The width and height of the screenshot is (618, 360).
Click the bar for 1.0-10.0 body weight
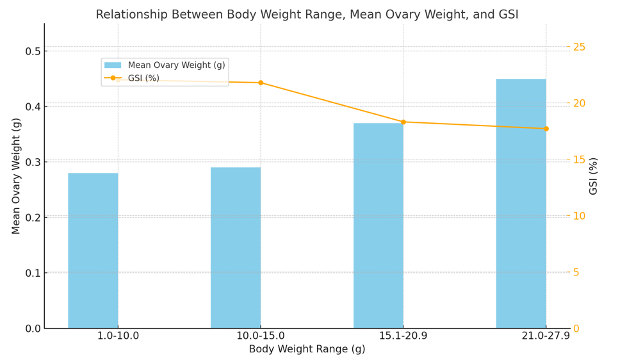click(93, 250)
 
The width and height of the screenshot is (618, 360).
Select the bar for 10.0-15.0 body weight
click(236, 248)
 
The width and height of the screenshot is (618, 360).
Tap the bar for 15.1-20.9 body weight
click(378, 225)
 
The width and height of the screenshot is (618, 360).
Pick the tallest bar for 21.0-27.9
click(521, 204)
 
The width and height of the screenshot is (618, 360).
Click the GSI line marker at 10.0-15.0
click(261, 83)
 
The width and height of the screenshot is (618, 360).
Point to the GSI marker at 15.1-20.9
click(403, 122)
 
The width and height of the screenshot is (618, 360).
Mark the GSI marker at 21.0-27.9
click(546, 129)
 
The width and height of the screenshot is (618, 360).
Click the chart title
click(307, 15)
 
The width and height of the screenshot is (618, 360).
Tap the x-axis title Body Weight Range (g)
click(307, 349)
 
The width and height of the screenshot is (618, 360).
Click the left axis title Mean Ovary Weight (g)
click(17, 176)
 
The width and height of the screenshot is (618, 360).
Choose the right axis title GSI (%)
click(594, 176)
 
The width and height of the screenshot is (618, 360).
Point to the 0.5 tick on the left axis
click(33, 51)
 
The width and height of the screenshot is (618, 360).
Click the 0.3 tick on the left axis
click(33, 162)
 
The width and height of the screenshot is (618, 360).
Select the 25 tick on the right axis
click(579, 47)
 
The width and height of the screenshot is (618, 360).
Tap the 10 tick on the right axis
click(579, 216)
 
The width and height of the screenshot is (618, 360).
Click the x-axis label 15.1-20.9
click(403, 336)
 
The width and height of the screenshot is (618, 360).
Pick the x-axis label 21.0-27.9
click(546, 336)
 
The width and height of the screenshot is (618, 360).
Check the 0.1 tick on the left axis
click(33, 273)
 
